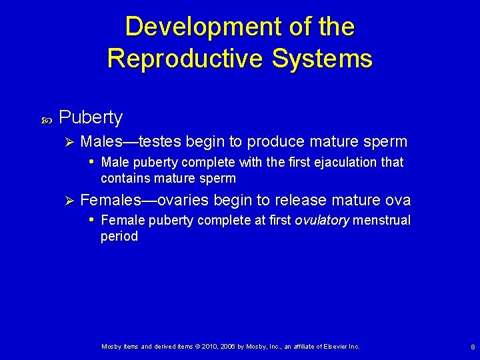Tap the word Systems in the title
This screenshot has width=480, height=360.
(x=335, y=59)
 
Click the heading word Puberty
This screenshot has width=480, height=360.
(x=91, y=117)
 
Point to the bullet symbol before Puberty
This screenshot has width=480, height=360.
(x=46, y=119)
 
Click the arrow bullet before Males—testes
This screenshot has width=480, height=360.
(x=65, y=142)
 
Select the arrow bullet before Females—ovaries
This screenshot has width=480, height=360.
(x=65, y=200)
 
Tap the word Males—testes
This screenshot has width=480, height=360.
(x=131, y=141)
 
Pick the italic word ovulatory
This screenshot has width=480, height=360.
(x=322, y=221)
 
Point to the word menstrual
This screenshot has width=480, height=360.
(x=382, y=221)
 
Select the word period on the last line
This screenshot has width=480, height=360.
(x=119, y=237)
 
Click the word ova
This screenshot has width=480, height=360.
(x=398, y=200)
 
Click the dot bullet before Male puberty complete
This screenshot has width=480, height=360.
(x=91, y=163)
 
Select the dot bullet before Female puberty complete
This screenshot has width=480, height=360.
(x=91, y=221)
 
